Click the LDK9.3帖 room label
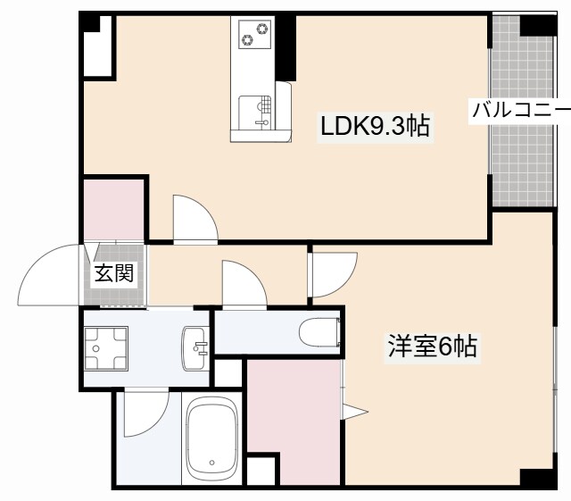pyautogui.click(x=375, y=127)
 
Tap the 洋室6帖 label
pyautogui.click(x=432, y=347)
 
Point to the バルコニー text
pyautogui.click(x=521, y=111)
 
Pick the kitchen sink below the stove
pyautogui.click(x=261, y=110)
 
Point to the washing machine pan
pyautogui.click(x=105, y=347)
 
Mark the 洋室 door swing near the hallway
pyautogui.click(x=332, y=272)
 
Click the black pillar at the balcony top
pyautogui.click(x=537, y=24)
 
